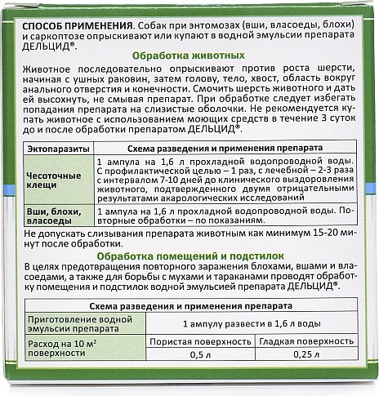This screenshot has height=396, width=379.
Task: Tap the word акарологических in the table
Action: click(208, 194)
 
